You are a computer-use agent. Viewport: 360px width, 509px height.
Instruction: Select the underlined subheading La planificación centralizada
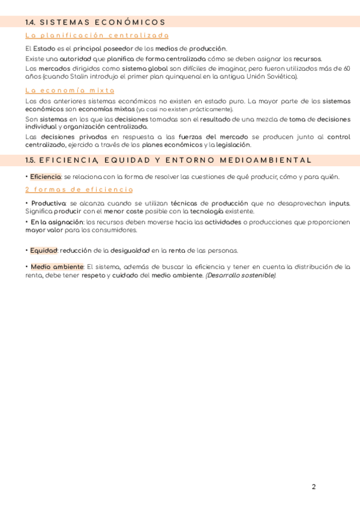(97, 36)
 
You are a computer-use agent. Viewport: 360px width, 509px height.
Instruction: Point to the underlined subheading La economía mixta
(70, 90)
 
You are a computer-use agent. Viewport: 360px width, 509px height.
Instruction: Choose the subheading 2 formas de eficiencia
(79, 190)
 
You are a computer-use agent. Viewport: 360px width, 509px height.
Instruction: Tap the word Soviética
(281, 77)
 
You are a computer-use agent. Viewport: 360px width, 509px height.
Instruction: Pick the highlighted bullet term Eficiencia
(46, 177)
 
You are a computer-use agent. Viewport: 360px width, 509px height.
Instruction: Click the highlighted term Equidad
(44, 250)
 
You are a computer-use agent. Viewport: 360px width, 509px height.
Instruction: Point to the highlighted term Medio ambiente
(57, 267)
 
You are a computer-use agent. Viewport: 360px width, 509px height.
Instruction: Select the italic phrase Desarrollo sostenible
(241, 276)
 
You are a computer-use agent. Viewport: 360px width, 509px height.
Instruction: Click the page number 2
(314, 487)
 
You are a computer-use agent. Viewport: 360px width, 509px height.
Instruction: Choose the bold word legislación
(232, 145)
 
